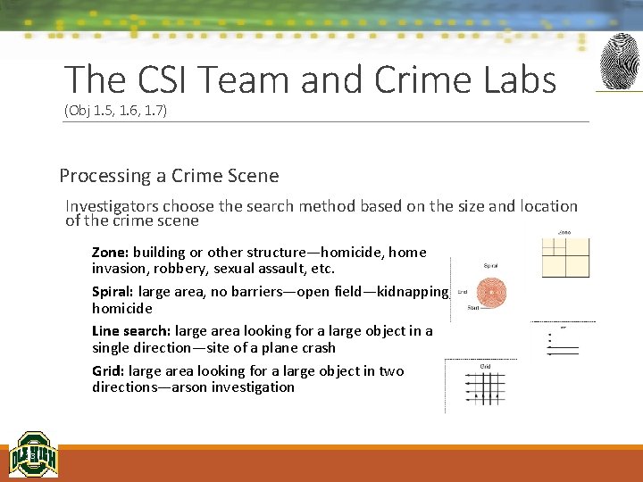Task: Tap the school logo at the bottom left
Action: [33, 455]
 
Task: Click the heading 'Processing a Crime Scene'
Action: [169, 176]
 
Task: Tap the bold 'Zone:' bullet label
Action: [111, 253]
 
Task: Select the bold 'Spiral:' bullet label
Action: [114, 292]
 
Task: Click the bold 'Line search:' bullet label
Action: [131, 331]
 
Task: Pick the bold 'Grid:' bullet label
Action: [109, 371]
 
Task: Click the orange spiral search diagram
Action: [491, 291]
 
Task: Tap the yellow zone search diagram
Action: [565, 257]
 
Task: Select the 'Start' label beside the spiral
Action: [473, 309]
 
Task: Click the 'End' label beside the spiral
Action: [462, 291]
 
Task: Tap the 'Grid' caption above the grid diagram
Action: [486, 366]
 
